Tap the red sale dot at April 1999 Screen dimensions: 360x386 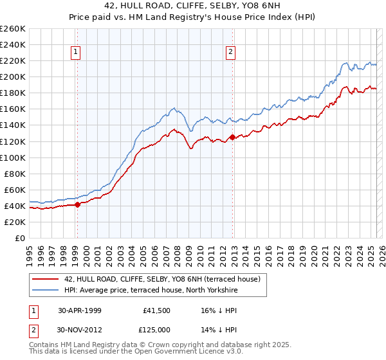coord(77,204)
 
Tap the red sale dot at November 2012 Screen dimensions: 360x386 coord(232,137)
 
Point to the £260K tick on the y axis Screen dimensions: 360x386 coord(12,28)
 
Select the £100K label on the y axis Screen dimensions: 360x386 coord(12,157)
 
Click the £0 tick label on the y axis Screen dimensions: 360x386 coord(19,238)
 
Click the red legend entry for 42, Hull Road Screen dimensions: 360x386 coord(161,279)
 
